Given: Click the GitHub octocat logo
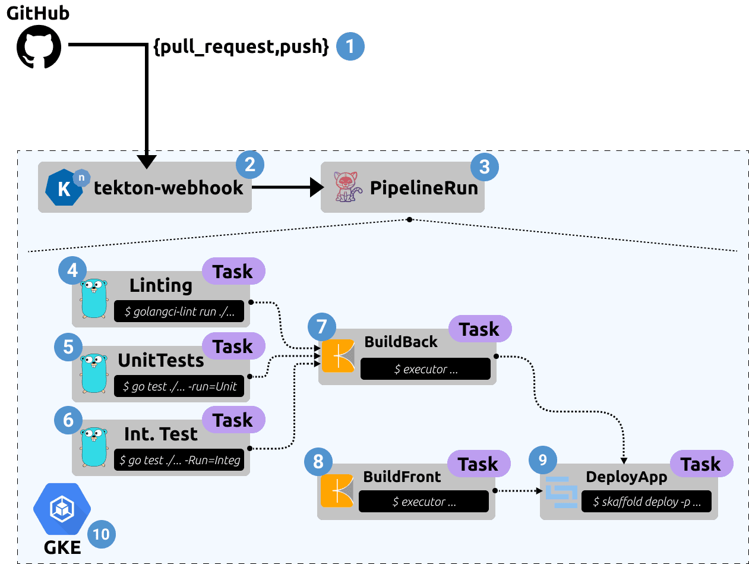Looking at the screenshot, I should pos(39,46).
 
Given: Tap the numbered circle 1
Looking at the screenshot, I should pos(350,46).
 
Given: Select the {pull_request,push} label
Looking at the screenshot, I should pos(241,48).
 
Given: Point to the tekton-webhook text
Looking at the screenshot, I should pos(169,188).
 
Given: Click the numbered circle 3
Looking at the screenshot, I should pos(484,166).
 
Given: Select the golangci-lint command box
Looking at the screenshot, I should pos(179,311).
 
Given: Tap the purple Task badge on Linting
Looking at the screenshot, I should pos(233,272).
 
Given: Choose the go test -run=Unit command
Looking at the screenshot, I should pos(179,386).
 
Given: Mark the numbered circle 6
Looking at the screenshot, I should pos(68,420).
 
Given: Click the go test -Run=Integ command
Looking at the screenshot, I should pos(179,460).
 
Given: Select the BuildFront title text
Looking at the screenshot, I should pos(402,477).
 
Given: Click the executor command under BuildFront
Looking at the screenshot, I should pos(424,502).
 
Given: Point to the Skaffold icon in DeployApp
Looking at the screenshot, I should pos(561,492).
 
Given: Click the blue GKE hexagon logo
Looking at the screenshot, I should pos(61,509).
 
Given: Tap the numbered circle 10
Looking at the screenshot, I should pos(102,534).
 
